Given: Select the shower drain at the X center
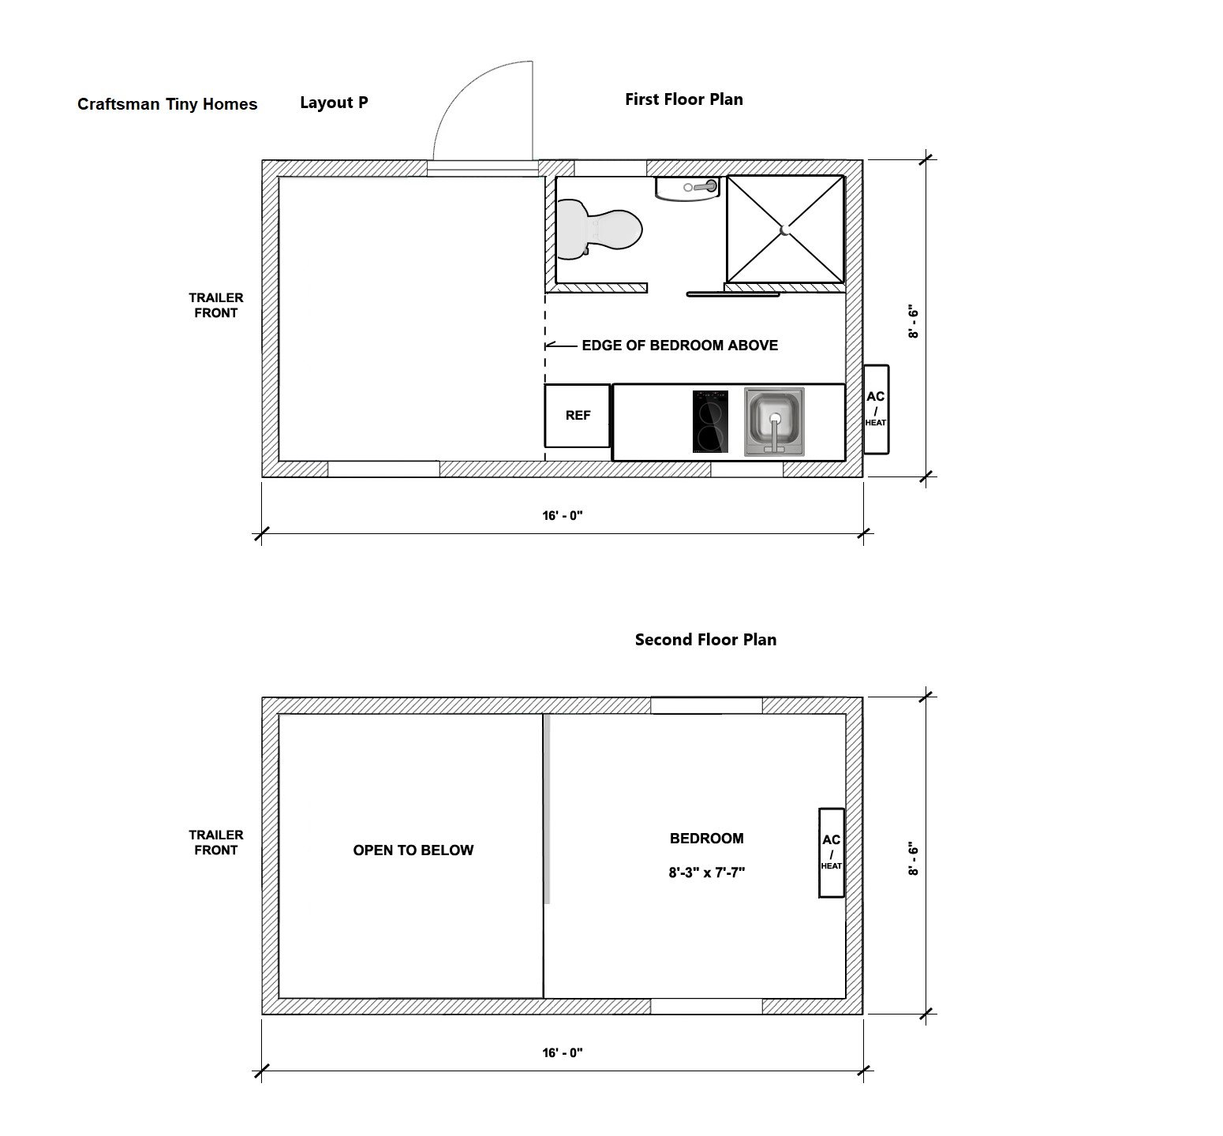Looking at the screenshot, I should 784,230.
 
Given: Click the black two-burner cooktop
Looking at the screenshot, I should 710,421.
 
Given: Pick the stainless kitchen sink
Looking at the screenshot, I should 774,421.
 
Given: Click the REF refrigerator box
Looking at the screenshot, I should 578,416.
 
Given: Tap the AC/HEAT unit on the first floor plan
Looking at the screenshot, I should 876,409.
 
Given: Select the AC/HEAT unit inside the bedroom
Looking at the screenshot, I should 832,853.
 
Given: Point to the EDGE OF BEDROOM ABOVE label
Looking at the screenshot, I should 679,346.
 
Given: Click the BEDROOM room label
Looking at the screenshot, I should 706,839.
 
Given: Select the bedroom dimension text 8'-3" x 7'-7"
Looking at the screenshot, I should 706,873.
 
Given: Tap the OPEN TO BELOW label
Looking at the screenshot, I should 413,850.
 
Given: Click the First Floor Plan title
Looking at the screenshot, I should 683,99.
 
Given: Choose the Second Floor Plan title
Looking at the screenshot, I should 705,640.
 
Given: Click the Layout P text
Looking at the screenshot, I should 334,103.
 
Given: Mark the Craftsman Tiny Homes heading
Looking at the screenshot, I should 167,104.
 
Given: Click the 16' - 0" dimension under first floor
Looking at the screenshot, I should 563,516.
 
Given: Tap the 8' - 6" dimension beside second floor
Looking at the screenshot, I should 914,859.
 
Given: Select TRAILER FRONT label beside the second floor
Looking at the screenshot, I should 215,843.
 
